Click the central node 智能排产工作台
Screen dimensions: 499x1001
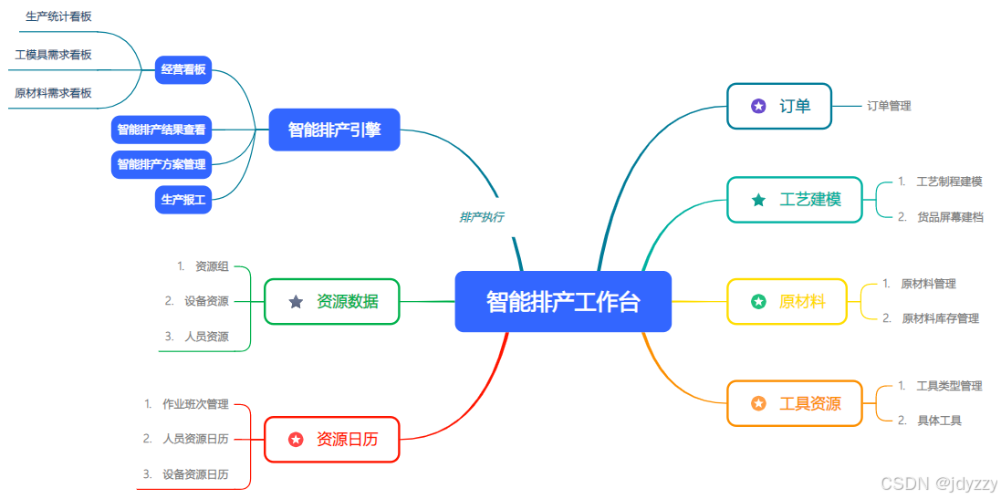tap(563, 301)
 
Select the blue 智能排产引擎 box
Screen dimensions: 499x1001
tap(335, 130)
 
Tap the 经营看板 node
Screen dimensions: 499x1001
tap(183, 69)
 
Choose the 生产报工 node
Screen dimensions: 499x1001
tap(183, 199)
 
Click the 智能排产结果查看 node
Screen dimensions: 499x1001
tap(162, 130)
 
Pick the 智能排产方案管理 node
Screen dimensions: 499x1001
tap(162, 164)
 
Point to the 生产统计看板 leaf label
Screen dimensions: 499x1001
tap(58, 16)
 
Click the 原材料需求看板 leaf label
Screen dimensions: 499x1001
tap(53, 93)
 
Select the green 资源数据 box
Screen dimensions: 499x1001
tap(332, 301)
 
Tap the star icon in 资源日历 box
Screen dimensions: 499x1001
tap(296, 440)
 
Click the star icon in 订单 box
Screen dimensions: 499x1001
tap(758, 106)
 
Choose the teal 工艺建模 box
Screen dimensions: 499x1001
tap(795, 200)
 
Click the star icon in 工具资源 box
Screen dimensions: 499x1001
tap(758, 403)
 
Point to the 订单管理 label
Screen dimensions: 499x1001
tap(889, 106)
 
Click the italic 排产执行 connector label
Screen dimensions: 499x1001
tap(481, 217)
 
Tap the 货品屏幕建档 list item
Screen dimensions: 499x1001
tap(950, 217)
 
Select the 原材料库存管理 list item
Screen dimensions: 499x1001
tap(940, 318)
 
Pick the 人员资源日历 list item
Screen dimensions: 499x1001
tap(195, 439)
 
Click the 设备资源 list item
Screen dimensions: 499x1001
tap(206, 301)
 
